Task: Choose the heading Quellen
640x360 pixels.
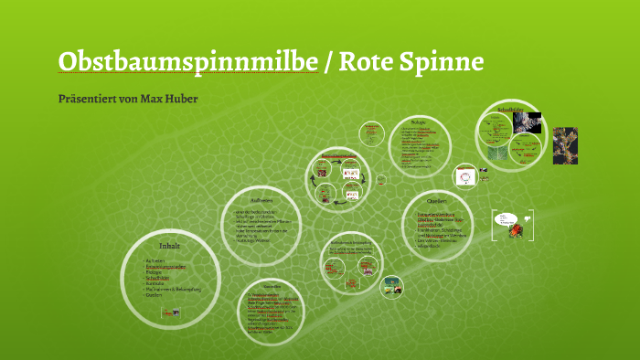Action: click(x=436, y=200)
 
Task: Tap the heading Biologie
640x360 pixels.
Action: click(x=419, y=120)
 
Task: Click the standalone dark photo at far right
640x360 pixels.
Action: click(x=565, y=144)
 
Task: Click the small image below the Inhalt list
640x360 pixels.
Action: click(x=170, y=312)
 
